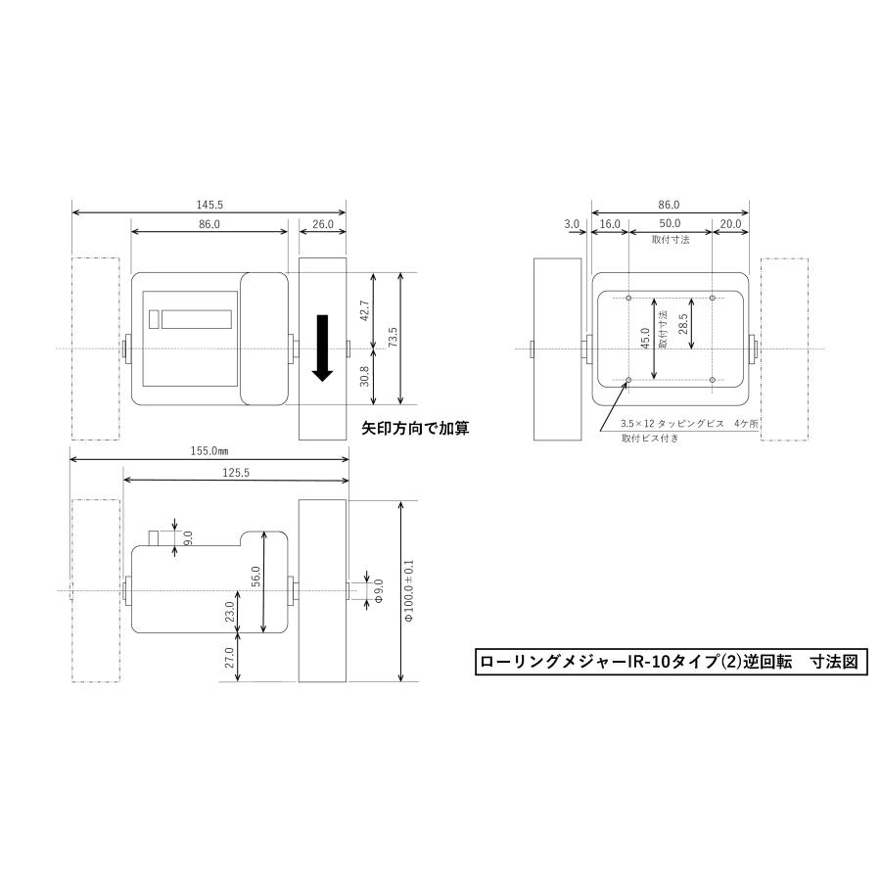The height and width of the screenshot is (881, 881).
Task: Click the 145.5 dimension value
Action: pos(209,206)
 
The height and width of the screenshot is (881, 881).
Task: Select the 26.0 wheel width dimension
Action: pos(323,224)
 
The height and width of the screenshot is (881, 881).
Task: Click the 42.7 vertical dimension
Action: pos(365,309)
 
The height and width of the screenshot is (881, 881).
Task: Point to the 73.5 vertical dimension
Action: pos(394,338)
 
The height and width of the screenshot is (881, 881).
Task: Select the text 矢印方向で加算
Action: pos(415,428)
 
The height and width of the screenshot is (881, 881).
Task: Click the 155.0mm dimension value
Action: pos(209,452)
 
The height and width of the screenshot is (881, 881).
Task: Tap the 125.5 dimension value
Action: pos(236,471)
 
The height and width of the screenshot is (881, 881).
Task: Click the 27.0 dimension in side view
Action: pos(230,657)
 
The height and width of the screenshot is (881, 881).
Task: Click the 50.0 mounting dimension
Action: pos(670,224)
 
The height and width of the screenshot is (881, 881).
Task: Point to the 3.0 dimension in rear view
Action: pos(572,224)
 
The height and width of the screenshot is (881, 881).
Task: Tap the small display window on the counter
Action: pos(197,319)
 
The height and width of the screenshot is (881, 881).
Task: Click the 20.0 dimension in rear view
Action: pos(730,224)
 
